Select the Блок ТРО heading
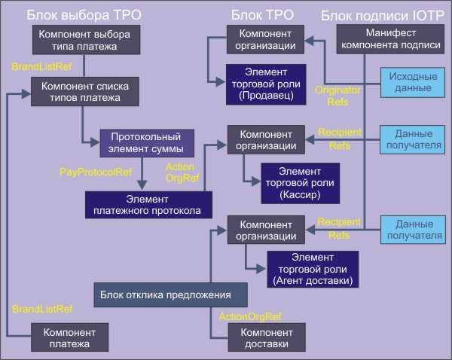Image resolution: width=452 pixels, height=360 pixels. (x=263, y=14)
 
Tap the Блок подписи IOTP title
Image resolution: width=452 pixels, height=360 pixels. (x=385, y=14)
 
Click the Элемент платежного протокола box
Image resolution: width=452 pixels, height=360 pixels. (x=148, y=204)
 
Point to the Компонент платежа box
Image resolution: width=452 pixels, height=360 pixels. (x=69, y=337)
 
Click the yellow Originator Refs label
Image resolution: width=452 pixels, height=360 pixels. (x=333, y=96)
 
